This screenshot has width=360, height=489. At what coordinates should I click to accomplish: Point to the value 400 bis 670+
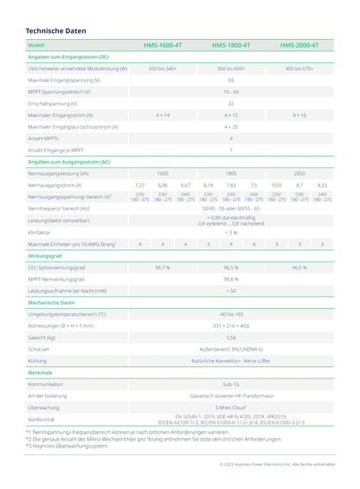point(299,68)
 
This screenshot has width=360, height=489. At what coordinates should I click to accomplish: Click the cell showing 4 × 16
point(299,114)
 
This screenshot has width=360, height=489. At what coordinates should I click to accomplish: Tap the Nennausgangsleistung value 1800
point(231,173)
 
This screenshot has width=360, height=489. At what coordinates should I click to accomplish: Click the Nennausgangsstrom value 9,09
point(276,185)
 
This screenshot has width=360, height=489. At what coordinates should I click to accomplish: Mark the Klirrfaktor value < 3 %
point(231,233)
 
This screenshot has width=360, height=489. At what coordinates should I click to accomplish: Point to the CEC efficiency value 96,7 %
point(163,268)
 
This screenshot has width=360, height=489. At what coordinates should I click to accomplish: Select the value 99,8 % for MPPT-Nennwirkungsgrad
point(231,280)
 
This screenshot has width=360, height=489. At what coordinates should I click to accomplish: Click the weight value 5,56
point(231,338)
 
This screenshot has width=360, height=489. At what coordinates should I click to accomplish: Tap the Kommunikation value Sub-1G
point(231,383)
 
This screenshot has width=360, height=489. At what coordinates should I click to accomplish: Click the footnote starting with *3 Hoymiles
point(67,447)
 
